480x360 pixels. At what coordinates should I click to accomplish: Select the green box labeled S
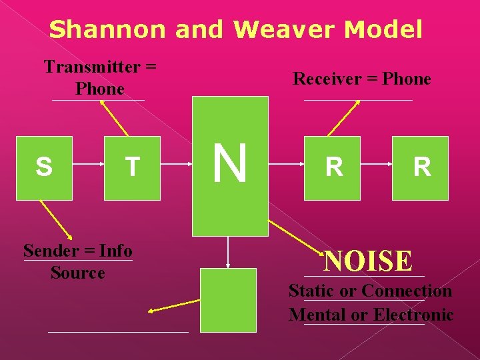[x=44, y=167]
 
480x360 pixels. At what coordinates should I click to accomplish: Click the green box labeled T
[x=132, y=167]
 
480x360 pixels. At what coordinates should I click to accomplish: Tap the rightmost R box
[x=420, y=167]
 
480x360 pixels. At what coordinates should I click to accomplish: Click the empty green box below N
[x=229, y=300]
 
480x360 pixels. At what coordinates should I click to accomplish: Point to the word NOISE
[x=368, y=261]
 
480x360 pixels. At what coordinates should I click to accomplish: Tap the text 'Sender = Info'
[x=77, y=251]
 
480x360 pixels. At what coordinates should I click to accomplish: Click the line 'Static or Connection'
[x=370, y=291]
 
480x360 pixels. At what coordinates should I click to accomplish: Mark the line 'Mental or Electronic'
[x=371, y=315]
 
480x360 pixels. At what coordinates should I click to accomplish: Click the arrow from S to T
[x=88, y=168]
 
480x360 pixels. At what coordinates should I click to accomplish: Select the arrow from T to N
[x=176, y=168]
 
